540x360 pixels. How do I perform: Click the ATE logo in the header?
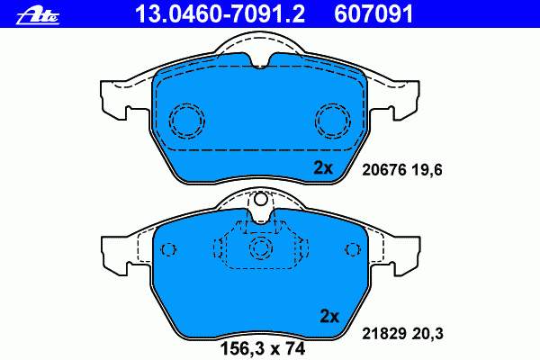coord(38,16)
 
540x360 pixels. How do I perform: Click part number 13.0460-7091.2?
coord(220,13)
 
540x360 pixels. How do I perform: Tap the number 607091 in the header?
coord(373,13)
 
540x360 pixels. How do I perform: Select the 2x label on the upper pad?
coord(323,167)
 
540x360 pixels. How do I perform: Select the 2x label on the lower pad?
coord(329,316)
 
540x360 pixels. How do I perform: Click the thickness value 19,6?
coord(427,170)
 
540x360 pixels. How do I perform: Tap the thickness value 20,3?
coord(427,334)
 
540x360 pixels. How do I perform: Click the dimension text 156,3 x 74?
coord(263,348)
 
